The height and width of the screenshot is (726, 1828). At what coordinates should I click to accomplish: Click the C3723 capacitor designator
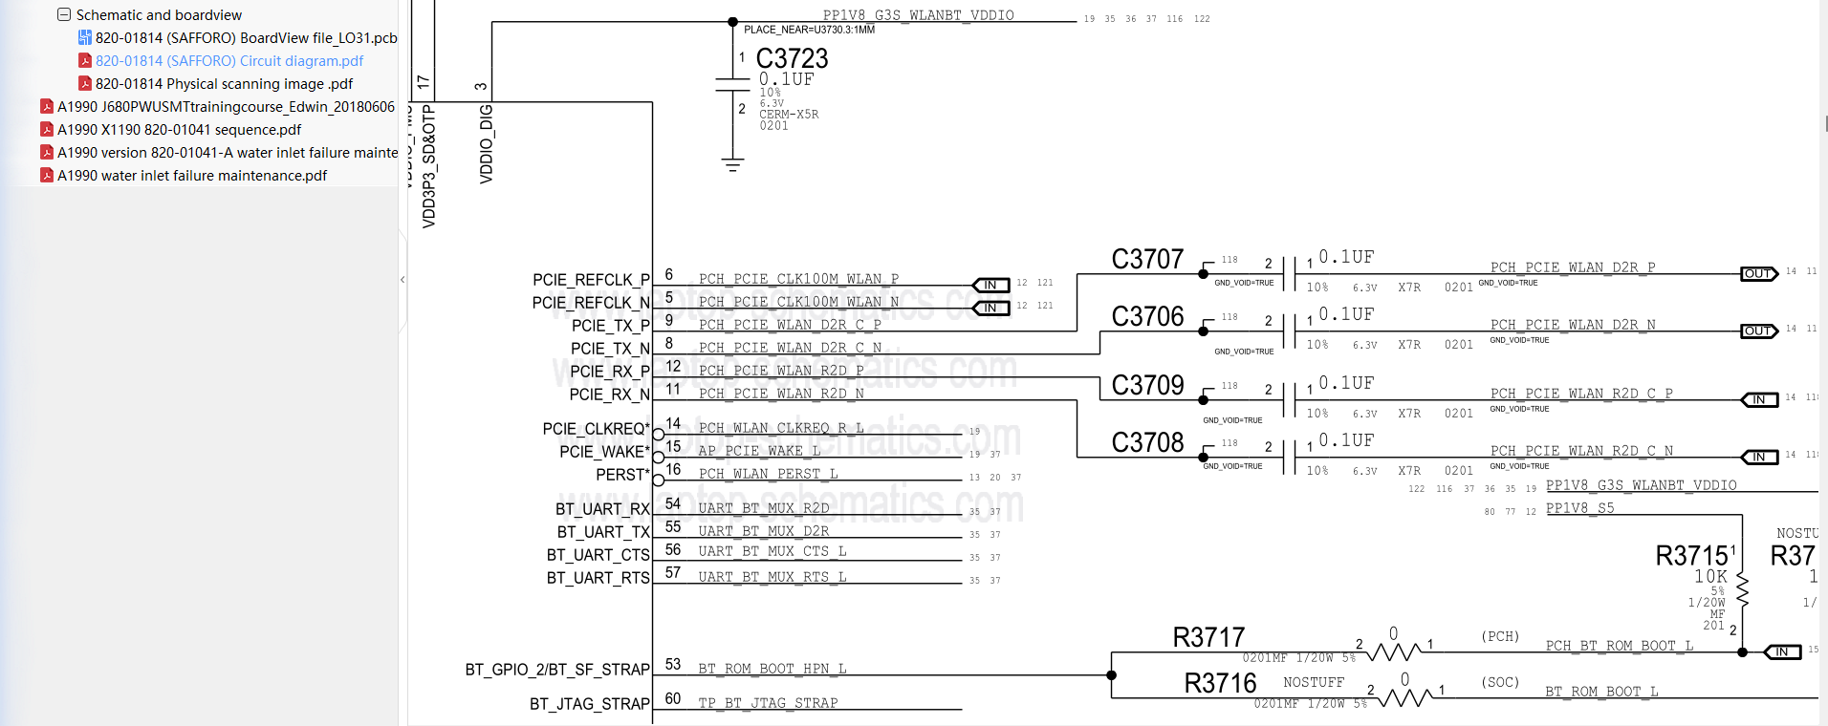coord(792,58)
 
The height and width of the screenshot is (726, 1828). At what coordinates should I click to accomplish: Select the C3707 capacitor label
coord(1147,259)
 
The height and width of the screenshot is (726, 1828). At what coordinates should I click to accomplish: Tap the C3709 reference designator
coord(1147,385)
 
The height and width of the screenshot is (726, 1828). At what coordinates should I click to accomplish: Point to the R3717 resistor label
coord(1208,637)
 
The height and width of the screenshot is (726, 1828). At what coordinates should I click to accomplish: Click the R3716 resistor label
coord(1220,683)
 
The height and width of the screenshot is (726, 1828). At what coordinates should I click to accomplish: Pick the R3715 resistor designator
coord(1691,556)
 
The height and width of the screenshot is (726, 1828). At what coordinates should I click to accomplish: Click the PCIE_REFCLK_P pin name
coord(591,280)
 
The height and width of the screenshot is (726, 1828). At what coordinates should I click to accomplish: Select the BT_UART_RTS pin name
coord(598,578)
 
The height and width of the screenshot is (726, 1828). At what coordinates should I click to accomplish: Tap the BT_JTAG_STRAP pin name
coord(589,704)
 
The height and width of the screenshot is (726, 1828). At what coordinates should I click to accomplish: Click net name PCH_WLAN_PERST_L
coord(768,474)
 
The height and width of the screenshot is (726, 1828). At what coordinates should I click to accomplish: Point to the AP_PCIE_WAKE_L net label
coord(759,451)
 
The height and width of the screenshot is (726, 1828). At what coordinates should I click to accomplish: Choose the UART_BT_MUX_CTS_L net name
coord(772,551)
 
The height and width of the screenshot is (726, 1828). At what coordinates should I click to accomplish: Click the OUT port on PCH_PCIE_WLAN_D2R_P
coord(1758,274)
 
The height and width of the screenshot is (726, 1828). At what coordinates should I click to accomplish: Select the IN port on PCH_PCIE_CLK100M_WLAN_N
coord(990,308)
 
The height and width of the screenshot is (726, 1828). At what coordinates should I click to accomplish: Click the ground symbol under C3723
coord(732,165)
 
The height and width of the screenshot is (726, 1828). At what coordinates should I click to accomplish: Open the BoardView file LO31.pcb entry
coord(246,38)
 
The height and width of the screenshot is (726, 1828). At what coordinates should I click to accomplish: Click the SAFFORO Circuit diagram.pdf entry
coord(228,61)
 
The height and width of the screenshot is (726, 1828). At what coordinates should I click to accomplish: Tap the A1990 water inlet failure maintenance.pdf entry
coord(191,176)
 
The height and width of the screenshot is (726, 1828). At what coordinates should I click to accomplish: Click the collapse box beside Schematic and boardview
coord(64,15)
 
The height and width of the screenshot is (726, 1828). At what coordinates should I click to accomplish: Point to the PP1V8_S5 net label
coord(1579,508)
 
